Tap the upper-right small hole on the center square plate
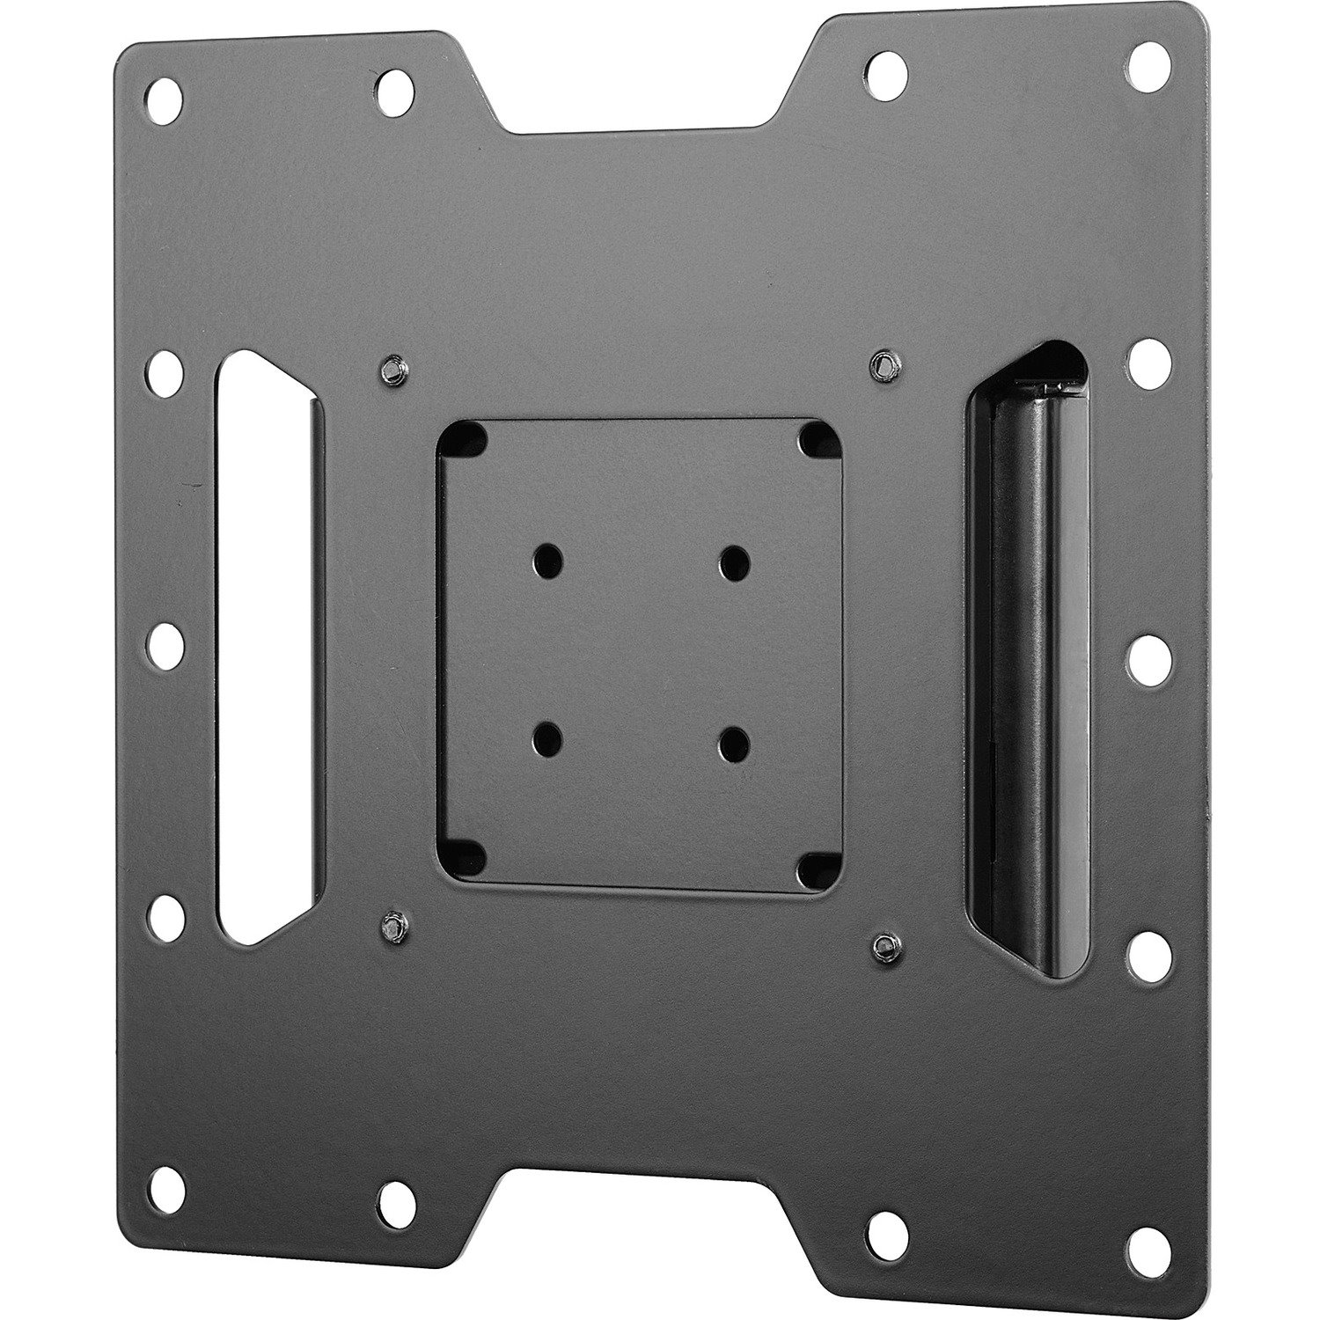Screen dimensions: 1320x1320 [x=735, y=559]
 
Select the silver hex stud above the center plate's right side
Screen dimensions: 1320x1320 [x=881, y=364]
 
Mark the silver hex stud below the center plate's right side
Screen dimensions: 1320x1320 [x=879, y=941]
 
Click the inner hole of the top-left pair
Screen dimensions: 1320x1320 [x=391, y=85]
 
